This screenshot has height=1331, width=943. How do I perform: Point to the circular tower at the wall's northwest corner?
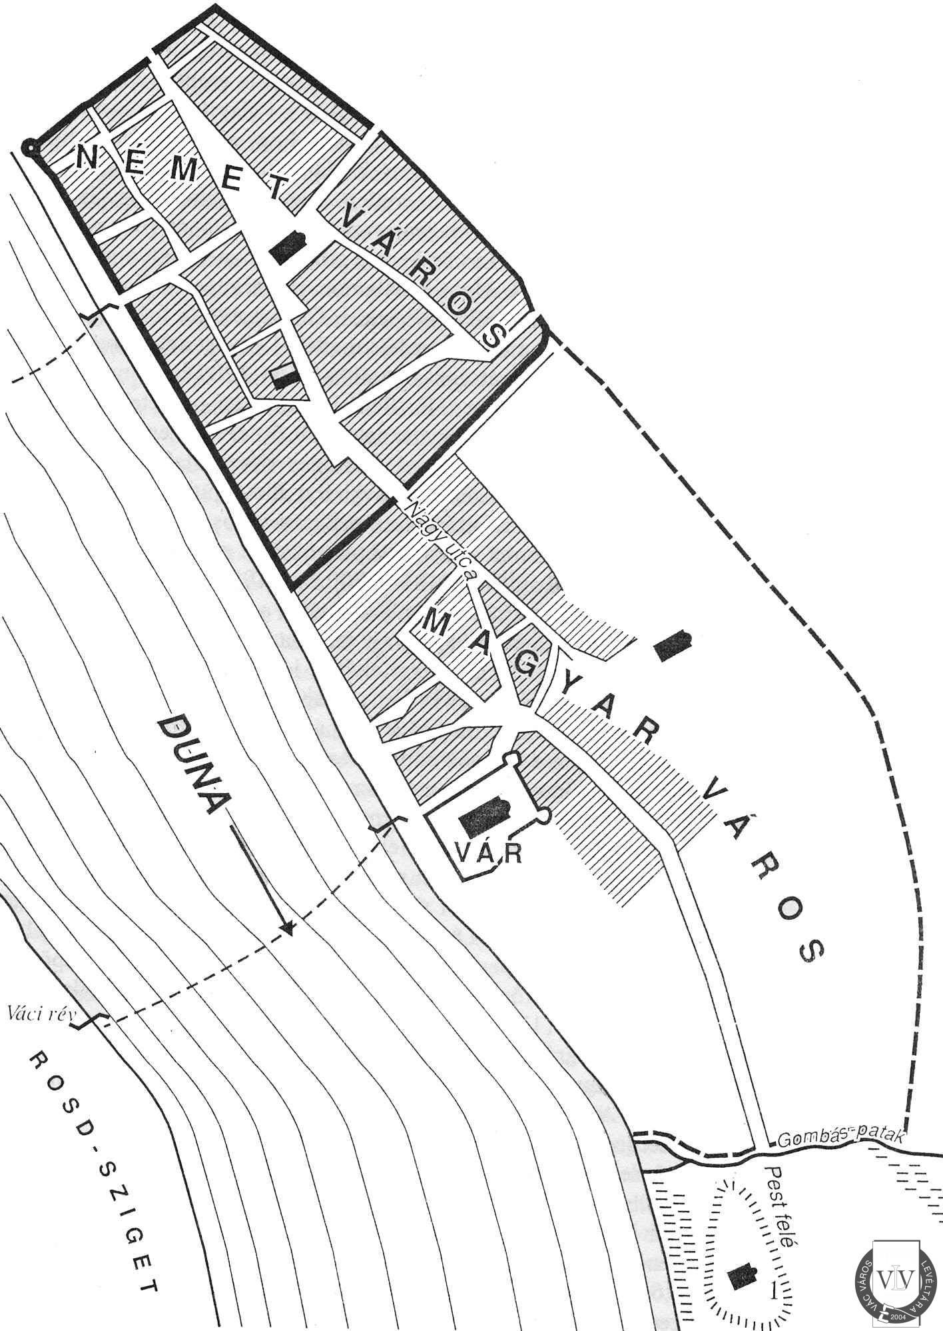[29, 148]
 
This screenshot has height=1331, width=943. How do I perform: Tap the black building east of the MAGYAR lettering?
[673, 645]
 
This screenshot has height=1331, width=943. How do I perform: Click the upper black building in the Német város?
[288, 248]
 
